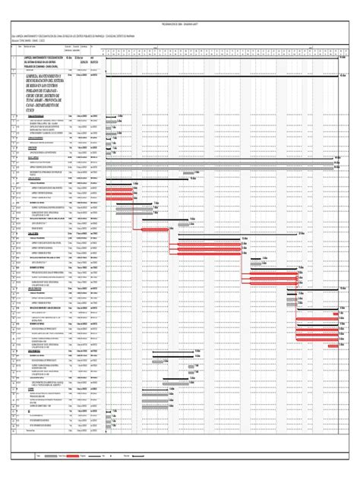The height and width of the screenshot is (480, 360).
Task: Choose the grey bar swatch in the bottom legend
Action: coord(48,456)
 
